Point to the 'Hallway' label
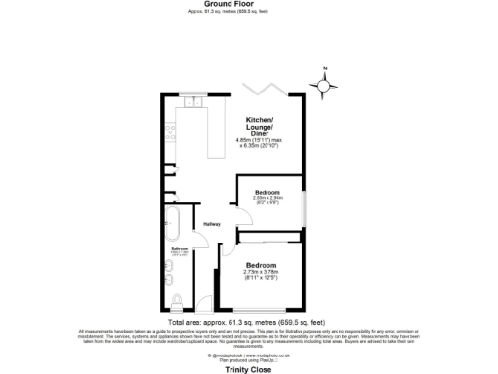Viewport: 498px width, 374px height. click(x=212, y=225)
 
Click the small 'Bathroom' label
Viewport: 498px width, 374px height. click(x=179, y=249)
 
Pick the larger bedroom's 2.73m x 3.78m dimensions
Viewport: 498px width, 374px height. click(x=260, y=274)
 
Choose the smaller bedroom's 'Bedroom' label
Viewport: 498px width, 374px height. click(x=267, y=192)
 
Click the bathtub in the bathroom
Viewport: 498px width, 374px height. click(x=174, y=223)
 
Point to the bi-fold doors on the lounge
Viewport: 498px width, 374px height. click(x=266, y=91)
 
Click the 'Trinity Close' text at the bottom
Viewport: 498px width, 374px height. click(x=248, y=368)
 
